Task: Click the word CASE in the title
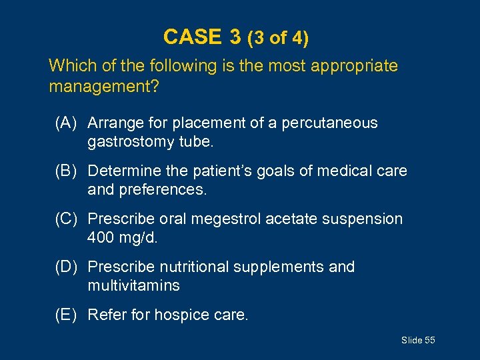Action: [x=192, y=37]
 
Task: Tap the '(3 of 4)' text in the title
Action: [x=277, y=38]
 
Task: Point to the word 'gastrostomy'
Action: [x=126, y=141]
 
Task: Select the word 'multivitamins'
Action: [x=133, y=285]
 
